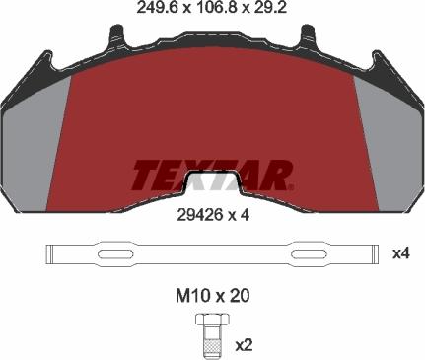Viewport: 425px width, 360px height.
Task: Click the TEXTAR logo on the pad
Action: coord(212,176)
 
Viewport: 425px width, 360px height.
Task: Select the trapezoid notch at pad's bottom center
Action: coord(212,184)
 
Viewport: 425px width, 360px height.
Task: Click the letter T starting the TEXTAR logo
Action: coord(142,176)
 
